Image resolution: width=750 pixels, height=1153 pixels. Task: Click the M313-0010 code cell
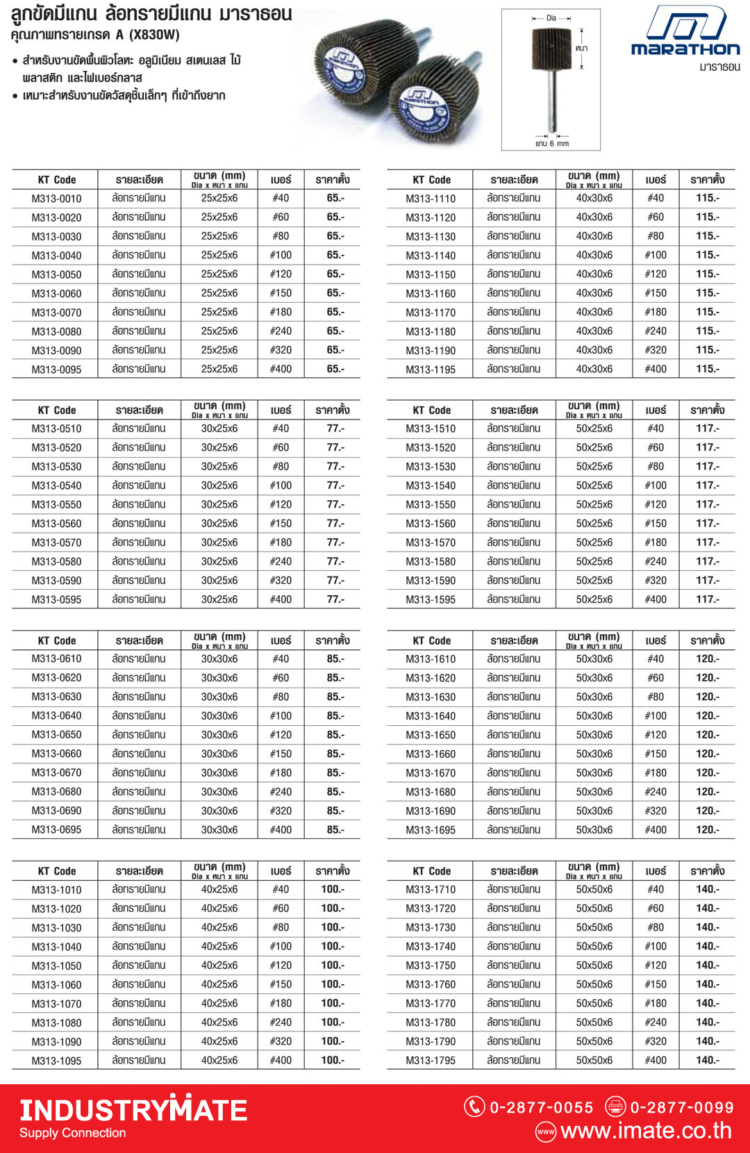(56, 199)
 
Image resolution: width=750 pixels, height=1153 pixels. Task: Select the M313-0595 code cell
(56, 599)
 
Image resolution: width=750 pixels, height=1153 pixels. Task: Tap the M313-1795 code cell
(431, 1061)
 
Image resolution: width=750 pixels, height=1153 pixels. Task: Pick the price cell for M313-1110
(708, 198)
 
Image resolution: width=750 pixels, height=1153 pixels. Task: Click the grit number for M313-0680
(281, 792)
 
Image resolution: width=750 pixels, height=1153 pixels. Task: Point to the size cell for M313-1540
(594, 486)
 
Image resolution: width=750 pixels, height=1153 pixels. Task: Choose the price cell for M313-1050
(333, 965)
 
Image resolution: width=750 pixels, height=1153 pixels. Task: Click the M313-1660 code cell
(431, 754)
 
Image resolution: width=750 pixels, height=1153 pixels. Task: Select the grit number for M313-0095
(281, 370)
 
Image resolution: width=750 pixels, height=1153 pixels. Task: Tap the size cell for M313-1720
(594, 909)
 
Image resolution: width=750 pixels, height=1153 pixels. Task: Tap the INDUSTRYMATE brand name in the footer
(133, 1110)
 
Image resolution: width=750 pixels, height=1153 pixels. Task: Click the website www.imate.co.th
(646, 1131)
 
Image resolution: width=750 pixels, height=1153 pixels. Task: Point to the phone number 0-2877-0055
(542, 1107)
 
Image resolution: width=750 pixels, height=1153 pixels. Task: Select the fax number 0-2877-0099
(681, 1107)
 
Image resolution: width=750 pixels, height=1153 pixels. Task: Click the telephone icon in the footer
(474, 1106)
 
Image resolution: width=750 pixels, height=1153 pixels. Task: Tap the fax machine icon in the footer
(615, 1106)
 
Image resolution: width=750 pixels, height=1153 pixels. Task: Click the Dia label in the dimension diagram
(551, 18)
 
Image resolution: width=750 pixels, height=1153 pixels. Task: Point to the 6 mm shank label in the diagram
(553, 144)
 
